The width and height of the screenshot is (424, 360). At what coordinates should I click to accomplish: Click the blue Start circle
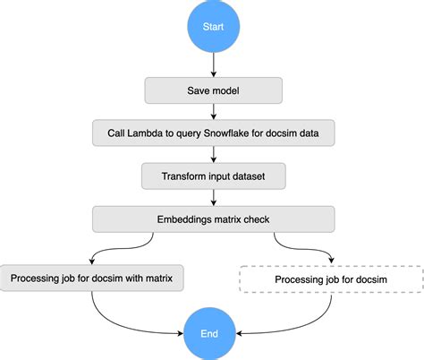pos(213,27)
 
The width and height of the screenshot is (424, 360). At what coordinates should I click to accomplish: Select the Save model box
pos(213,90)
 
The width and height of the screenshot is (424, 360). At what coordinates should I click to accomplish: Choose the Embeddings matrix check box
pos(213,219)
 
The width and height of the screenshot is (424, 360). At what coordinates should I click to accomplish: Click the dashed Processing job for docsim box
pos(330,279)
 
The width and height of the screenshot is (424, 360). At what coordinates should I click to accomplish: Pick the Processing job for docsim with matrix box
pos(94,279)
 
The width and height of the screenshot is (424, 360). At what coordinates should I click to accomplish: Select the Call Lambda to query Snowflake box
pos(213,133)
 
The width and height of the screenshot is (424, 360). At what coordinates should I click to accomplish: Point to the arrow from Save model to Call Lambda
pos(213,112)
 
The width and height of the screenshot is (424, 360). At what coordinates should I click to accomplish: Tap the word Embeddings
pos(184,219)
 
